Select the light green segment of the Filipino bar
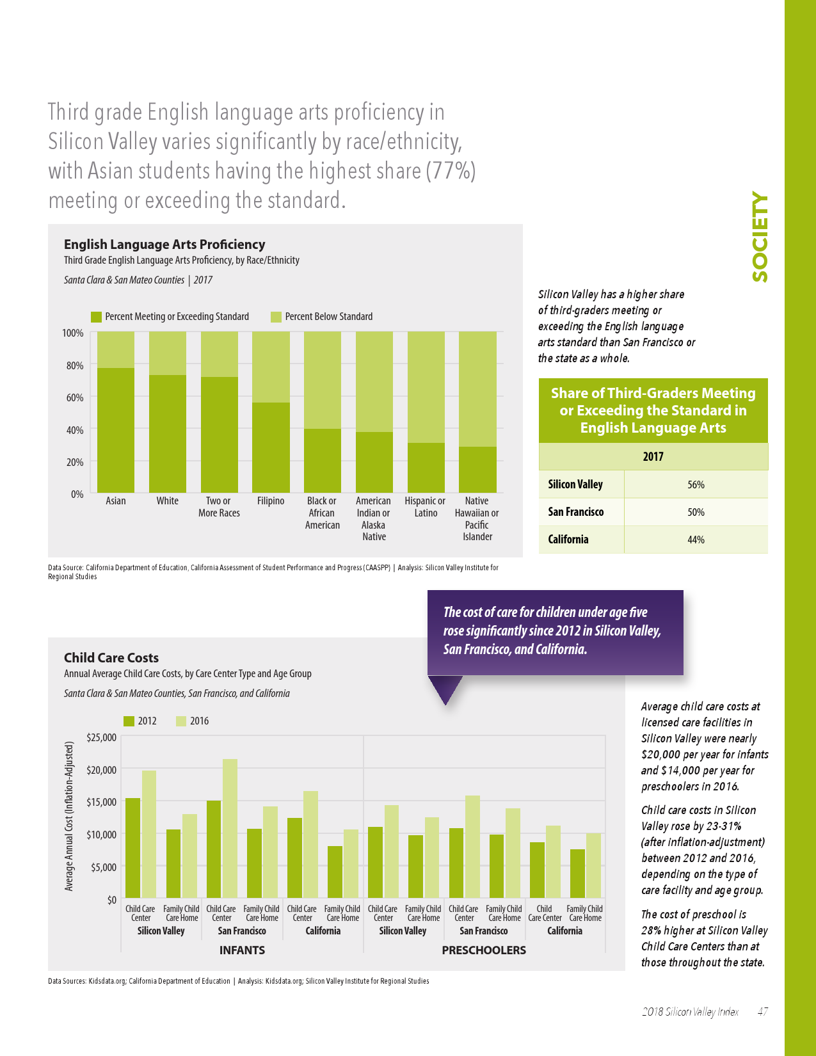[x=271, y=367]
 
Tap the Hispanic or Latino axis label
[x=425, y=507]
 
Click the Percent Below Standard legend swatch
[x=276, y=317]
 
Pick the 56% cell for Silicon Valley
[x=696, y=484]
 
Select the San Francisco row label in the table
[x=576, y=512]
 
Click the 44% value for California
[x=696, y=540]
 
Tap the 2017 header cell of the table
[x=653, y=456]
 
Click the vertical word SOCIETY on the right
[x=760, y=237]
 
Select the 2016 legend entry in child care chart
[x=192, y=721]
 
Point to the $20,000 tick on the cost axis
[x=101, y=769]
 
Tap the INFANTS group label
[x=242, y=950]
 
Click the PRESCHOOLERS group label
[x=484, y=950]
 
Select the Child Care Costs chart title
[x=111, y=658]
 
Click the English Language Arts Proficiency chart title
[x=164, y=244]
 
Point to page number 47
[x=762, y=1012]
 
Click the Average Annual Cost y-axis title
[x=69, y=816]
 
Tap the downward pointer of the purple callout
[x=445, y=691]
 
